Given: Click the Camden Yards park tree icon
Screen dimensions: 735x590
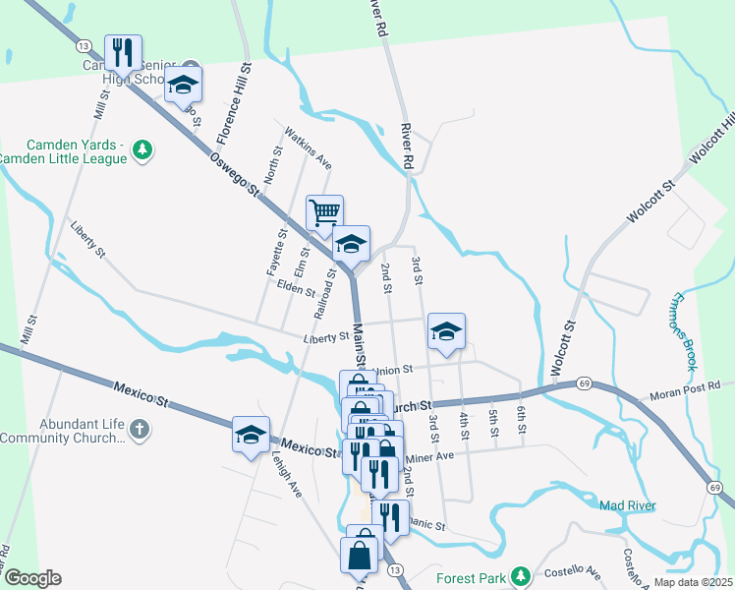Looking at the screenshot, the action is [143, 148].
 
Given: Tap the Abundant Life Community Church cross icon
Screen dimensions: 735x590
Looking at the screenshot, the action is [140, 429].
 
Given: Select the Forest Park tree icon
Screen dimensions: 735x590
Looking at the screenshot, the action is [525, 574].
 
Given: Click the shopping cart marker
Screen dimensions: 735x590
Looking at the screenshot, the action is [324, 212].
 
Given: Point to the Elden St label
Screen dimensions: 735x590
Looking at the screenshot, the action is [295, 289].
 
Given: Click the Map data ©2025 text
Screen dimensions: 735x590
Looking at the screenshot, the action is [694, 582].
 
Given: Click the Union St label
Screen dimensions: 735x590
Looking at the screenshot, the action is [387, 371].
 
